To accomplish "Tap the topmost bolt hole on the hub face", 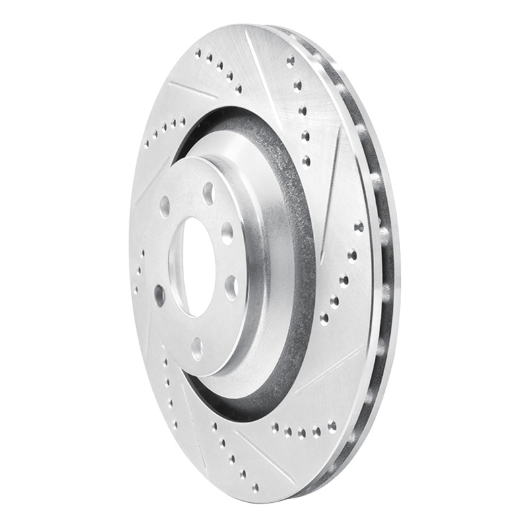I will [209, 193].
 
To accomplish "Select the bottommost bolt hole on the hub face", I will [197, 348].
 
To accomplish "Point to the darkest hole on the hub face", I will [159, 295].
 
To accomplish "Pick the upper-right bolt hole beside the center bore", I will [227, 233].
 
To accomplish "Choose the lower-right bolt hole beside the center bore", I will [231, 286].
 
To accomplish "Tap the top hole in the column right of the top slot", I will [290, 61].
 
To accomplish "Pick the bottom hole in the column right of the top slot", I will [306, 160].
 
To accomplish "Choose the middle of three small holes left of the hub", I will [139, 271].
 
